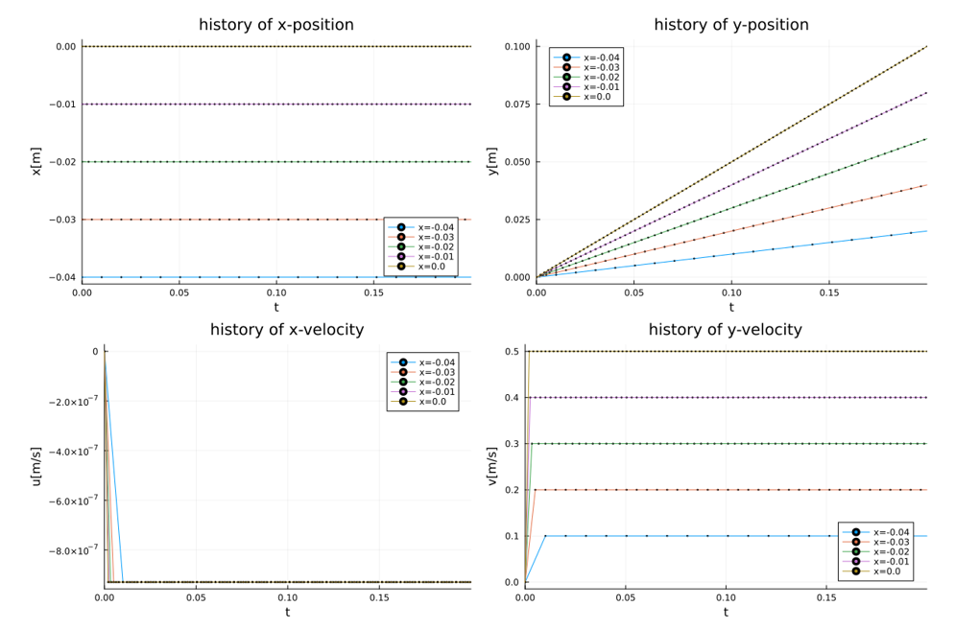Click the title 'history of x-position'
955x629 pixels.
click(276, 25)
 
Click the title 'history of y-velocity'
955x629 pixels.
click(725, 330)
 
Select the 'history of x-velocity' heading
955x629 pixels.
click(287, 330)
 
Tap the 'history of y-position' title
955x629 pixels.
click(730, 25)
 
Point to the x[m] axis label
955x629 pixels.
click(36, 160)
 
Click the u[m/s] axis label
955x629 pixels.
click(36, 466)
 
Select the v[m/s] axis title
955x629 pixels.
click(492, 466)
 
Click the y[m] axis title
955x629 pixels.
click(492, 160)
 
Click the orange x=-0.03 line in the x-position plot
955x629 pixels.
click(240, 220)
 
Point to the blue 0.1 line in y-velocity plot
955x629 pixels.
click(720, 536)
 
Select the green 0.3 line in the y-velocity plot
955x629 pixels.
click(720, 443)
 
